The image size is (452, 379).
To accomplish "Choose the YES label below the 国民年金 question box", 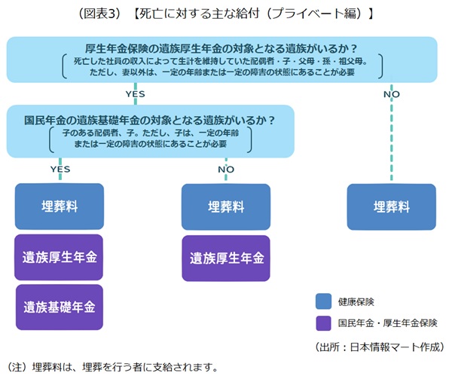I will click(60, 169).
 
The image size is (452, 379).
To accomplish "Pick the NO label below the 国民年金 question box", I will click(226, 169).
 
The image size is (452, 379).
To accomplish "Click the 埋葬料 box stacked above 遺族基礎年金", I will click(60, 206).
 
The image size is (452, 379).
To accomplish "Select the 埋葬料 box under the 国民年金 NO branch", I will click(226, 206).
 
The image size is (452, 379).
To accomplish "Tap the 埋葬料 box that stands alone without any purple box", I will click(392, 206).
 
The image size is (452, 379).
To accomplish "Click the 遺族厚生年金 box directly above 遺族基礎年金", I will click(60, 257).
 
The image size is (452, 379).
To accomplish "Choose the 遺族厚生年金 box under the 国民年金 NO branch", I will click(226, 258).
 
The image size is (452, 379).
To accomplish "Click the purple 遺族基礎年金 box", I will click(60, 307).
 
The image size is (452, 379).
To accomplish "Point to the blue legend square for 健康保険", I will click(323, 301).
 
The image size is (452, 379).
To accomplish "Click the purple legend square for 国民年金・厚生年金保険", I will click(323, 323).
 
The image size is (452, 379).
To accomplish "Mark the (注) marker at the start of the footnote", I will click(19, 368).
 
